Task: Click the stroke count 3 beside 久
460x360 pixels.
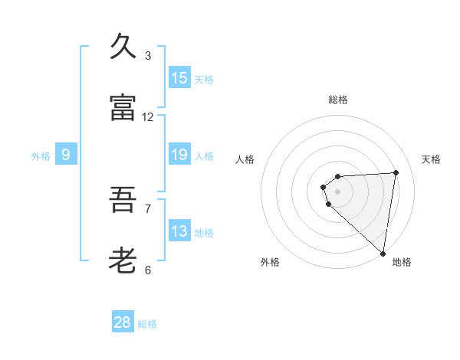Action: [x=148, y=56]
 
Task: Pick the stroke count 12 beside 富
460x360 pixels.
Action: [x=148, y=117]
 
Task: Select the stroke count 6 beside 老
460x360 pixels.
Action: [x=148, y=270]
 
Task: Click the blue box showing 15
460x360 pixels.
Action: [x=179, y=78]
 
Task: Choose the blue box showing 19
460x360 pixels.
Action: [x=179, y=155]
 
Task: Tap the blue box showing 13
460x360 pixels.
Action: [x=179, y=231]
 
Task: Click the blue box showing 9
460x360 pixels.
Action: [x=66, y=155]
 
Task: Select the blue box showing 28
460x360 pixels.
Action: [x=123, y=322]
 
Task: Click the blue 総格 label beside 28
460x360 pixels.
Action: [x=147, y=324]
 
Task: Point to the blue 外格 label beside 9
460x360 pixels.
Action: [x=41, y=156]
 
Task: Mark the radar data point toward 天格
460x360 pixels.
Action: [x=396, y=172]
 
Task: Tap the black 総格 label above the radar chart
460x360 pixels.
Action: [x=338, y=100]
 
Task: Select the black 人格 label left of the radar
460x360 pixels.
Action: [x=245, y=159]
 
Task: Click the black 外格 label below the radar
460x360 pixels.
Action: [x=270, y=263]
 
